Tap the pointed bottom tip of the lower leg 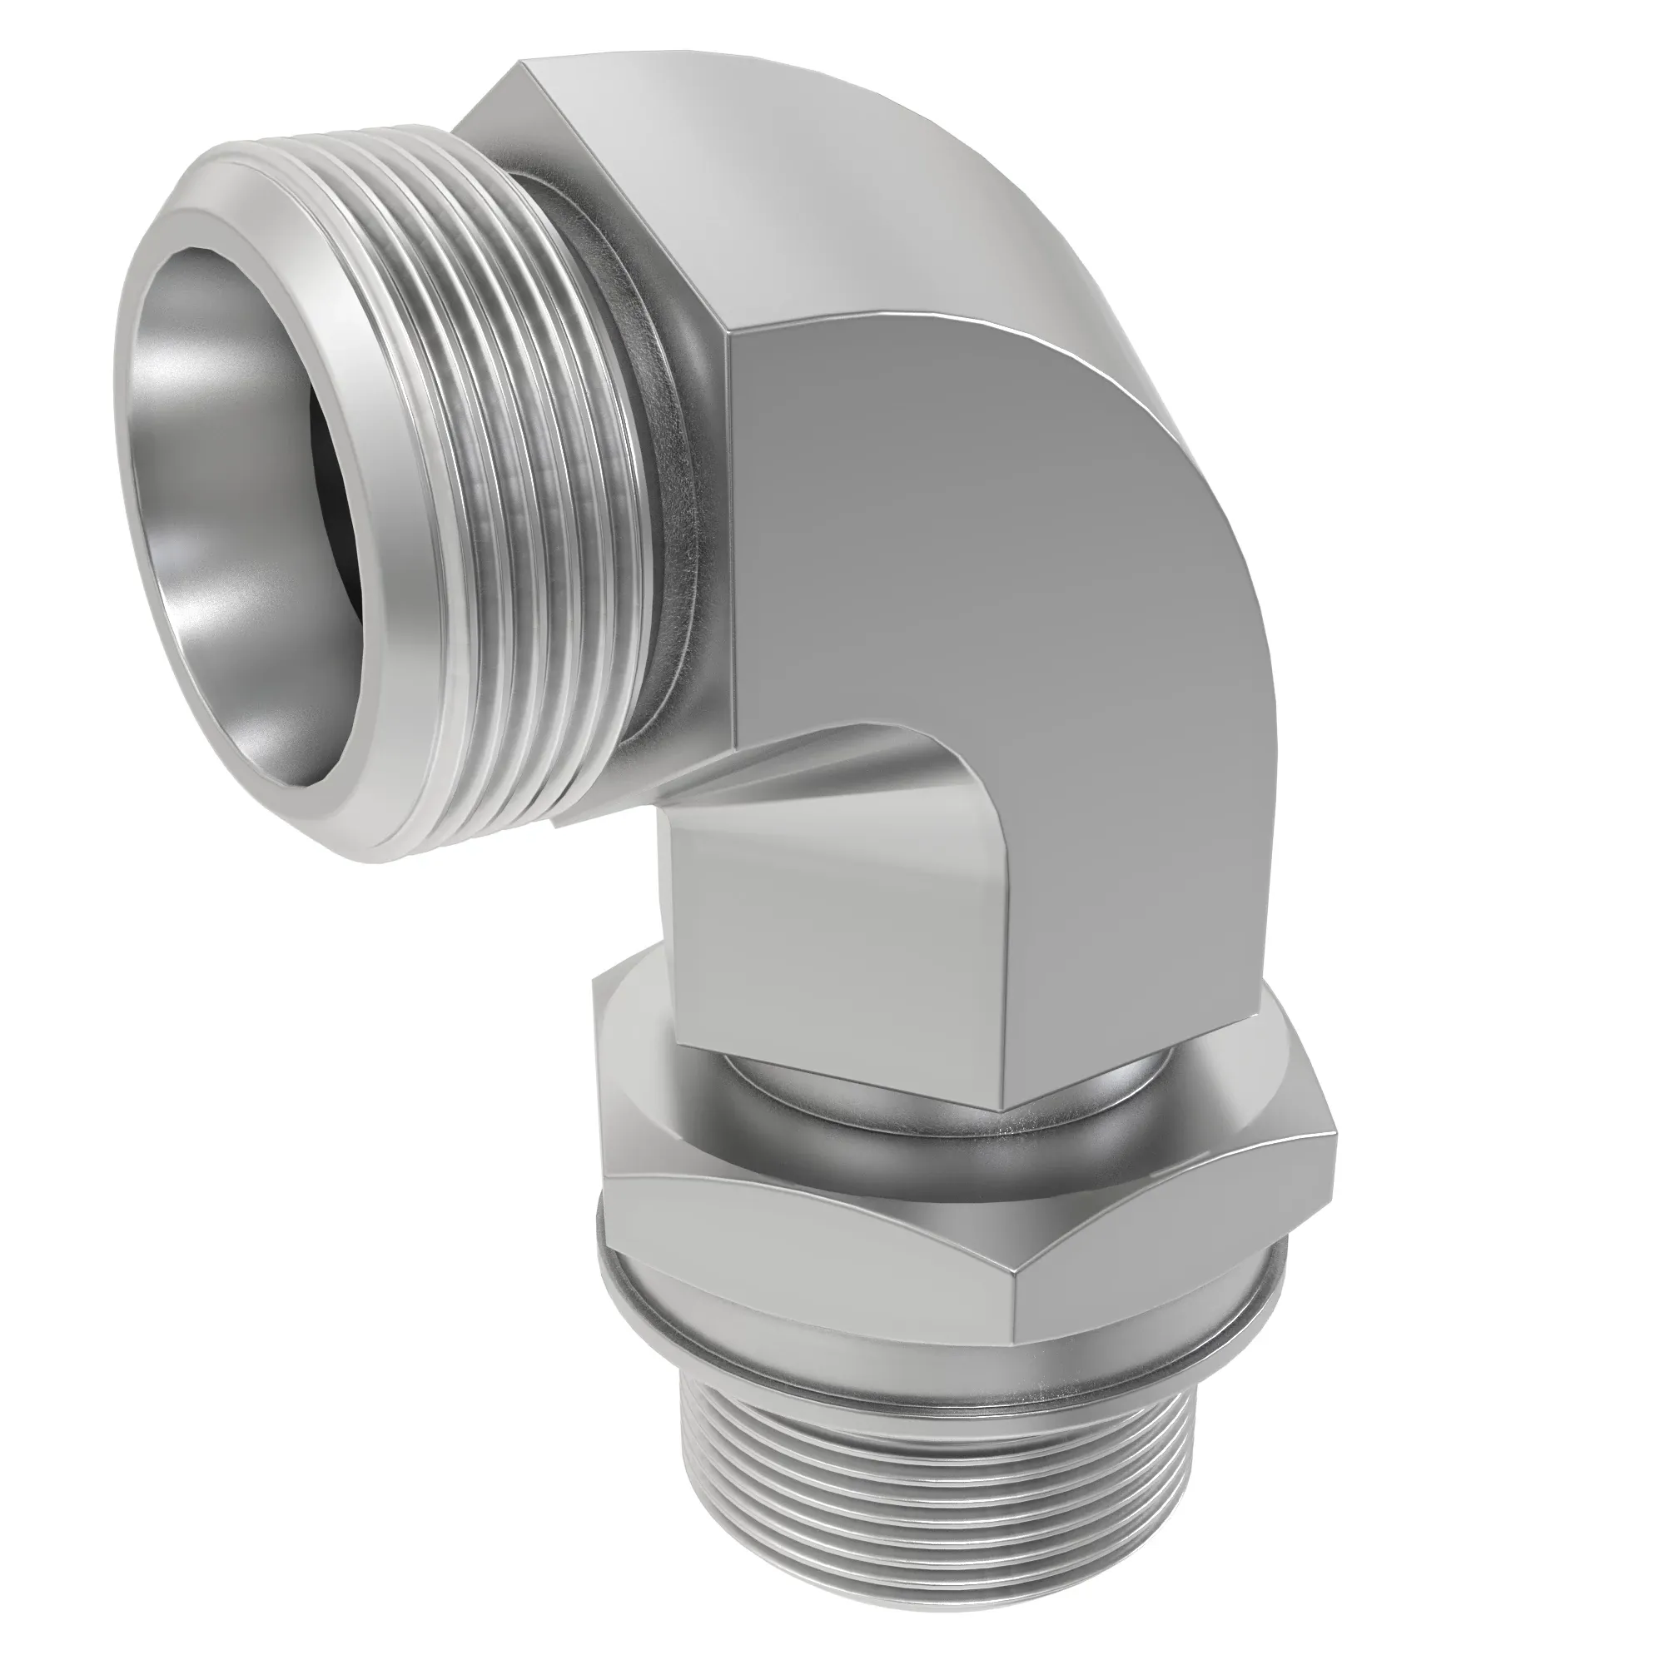(1005, 1111)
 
